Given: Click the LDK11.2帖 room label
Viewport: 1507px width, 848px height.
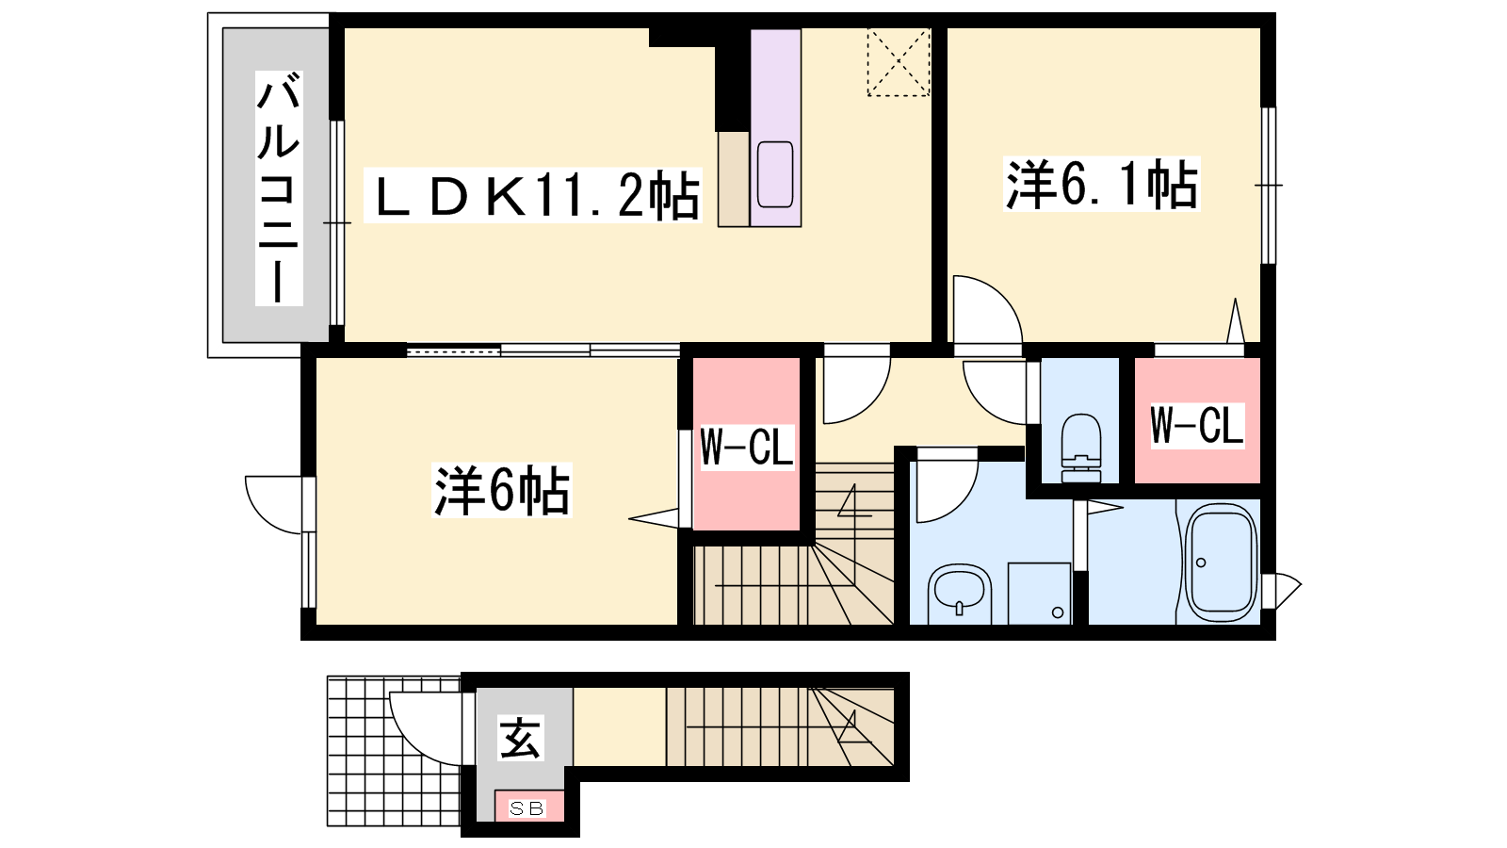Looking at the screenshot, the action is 533,194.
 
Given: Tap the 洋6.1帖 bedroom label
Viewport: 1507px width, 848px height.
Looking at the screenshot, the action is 1101,184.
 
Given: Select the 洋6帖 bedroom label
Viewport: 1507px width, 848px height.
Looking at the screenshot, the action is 502,489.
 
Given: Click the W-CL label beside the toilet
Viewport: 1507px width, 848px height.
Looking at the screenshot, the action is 1197,425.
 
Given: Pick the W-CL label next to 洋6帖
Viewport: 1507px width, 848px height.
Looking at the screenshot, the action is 747,447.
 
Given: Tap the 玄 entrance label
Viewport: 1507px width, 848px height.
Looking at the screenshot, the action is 521,739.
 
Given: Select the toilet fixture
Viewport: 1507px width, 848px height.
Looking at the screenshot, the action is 1080,448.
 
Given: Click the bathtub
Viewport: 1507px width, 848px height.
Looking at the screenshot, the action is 1221,562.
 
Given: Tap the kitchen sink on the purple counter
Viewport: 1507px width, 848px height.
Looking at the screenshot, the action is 775,174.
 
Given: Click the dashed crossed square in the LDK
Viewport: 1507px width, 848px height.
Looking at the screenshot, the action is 899,62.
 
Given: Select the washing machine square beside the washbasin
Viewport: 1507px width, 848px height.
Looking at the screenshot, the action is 1040,593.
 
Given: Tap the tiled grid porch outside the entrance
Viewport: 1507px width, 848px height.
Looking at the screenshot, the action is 394,751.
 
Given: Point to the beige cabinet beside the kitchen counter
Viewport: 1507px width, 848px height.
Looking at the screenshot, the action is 734,179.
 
